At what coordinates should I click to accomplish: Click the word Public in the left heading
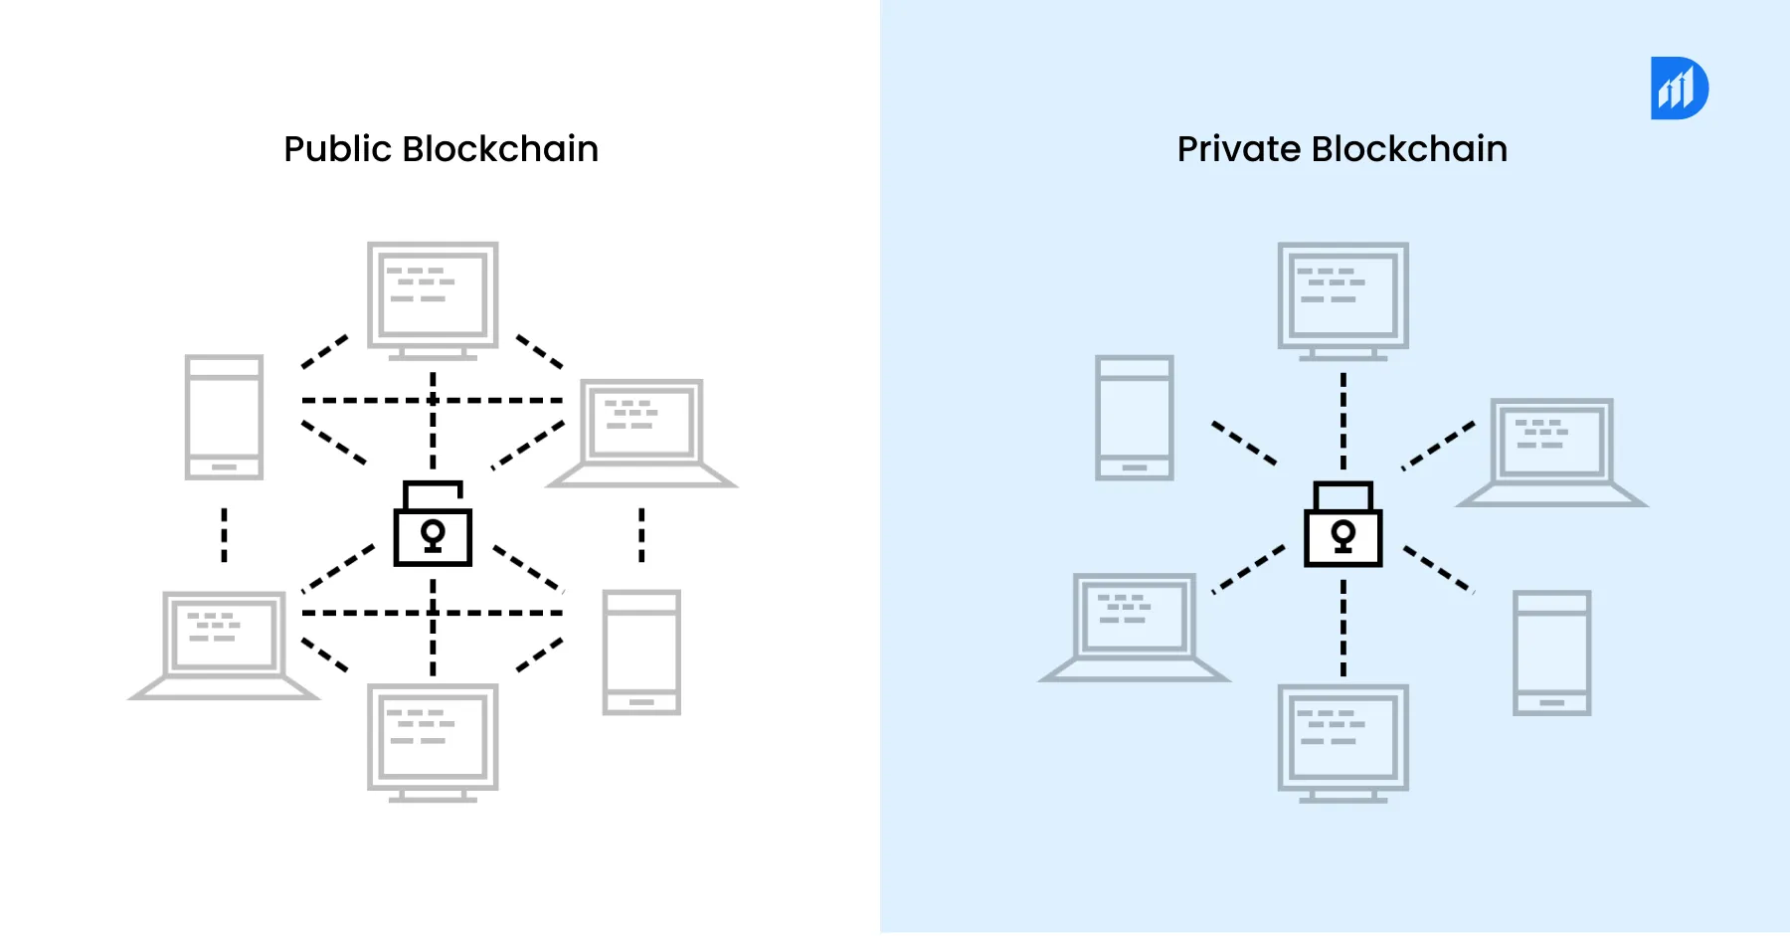337,149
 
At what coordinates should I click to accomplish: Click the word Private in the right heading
1238,149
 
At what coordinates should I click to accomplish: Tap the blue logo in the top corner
1679,89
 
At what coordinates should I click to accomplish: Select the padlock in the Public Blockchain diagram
433,527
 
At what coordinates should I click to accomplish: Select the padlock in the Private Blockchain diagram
1342,527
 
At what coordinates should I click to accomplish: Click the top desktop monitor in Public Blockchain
433,296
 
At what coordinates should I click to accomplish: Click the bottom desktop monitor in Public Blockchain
433,738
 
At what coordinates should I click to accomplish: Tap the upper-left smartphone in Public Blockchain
224,417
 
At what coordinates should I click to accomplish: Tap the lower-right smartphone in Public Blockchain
641,652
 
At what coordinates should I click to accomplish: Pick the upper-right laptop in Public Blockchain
641,428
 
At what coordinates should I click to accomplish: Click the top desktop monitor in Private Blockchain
1342,296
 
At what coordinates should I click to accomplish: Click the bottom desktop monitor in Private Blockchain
1342,738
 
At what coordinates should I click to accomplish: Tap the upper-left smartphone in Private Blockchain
1134,417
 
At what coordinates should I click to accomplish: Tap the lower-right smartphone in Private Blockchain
1551,652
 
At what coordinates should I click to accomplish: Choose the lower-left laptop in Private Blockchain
1134,622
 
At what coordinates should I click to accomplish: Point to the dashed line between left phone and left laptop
224,535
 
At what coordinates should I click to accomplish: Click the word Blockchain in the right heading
1409,149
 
